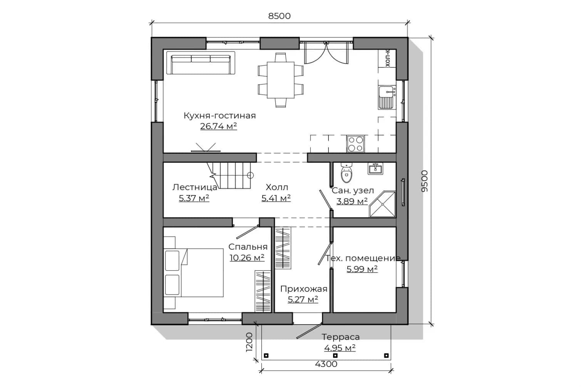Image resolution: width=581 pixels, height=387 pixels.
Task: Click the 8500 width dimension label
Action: (x=280, y=16)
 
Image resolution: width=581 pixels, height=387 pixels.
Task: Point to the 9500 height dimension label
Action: (x=424, y=181)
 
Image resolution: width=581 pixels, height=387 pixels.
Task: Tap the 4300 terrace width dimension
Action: (x=326, y=364)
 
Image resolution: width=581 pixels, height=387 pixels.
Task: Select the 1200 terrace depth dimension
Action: (x=249, y=342)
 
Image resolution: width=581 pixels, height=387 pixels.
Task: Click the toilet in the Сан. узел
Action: (x=346, y=173)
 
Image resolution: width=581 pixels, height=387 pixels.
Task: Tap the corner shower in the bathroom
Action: (x=382, y=204)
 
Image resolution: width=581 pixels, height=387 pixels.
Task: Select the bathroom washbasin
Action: (x=375, y=168)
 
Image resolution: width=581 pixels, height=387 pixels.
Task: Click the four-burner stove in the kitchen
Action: (x=356, y=144)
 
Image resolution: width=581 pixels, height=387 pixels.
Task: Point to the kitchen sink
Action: (x=387, y=98)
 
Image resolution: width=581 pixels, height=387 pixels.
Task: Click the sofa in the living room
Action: (x=201, y=63)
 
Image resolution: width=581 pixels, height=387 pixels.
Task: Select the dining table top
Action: (x=281, y=80)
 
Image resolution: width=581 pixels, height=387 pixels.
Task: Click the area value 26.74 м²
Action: (x=218, y=126)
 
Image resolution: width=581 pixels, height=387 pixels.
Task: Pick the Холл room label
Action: (x=277, y=187)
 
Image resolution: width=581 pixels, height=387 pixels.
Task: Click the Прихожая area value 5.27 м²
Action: (x=303, y=300)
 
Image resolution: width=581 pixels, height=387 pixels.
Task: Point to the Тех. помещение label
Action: (x=363, y=258)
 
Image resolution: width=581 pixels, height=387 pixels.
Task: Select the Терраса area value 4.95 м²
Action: (x=340, y=348)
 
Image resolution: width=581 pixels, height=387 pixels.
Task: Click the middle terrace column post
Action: (x=335, y=355)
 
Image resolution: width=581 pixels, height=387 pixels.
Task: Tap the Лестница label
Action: (x=195, y=187)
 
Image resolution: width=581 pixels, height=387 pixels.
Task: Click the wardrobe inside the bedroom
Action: (x=263, y=291)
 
